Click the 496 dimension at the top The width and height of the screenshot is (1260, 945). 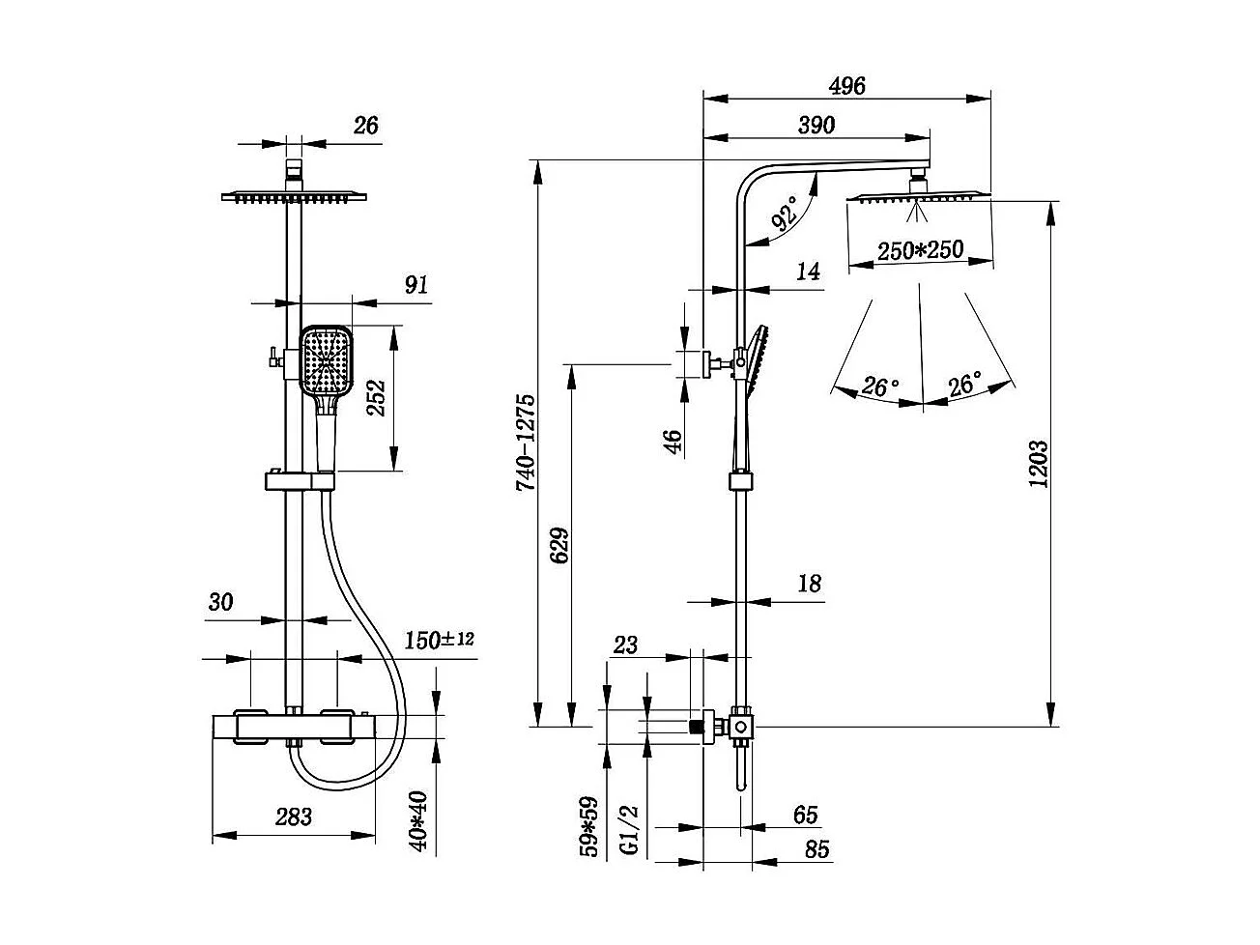847,85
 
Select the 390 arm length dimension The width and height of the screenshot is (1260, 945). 816,125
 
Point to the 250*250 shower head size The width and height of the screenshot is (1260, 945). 920,249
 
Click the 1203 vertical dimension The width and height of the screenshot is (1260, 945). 1039,464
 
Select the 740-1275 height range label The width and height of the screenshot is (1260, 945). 526,443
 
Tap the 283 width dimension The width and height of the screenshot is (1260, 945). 294,816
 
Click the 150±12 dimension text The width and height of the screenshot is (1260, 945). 439,640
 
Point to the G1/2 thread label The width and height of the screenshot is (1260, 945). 628,829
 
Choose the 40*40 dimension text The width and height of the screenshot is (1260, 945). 418,821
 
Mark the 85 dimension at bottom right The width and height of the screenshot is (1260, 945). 816,849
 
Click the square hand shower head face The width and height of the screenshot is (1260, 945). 327,361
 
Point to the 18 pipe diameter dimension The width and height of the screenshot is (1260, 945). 810,583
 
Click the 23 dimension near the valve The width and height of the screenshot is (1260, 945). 626,644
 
